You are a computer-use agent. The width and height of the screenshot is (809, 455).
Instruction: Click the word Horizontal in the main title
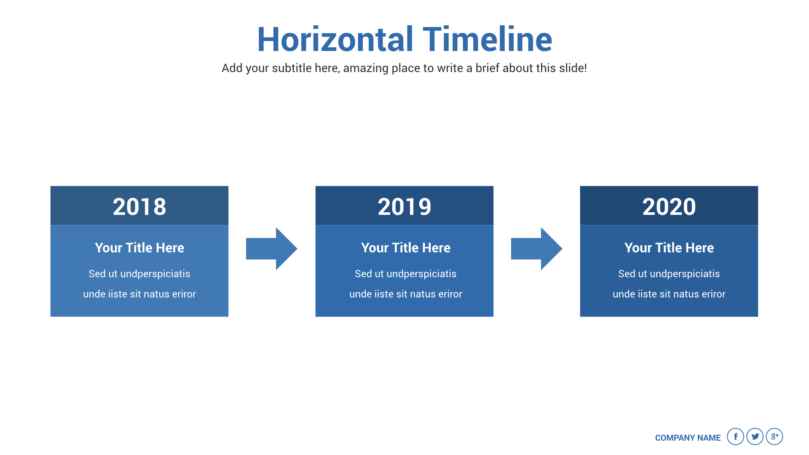pyautogui.click(x=335, y=39)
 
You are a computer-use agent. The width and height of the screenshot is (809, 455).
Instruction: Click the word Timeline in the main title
pyautogui.click(x=488, y=39)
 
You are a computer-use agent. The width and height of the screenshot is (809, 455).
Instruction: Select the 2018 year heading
pyautogui.click(x=139, y=206)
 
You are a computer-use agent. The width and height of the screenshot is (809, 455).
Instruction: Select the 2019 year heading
pyautogui.click(x=404, y=206)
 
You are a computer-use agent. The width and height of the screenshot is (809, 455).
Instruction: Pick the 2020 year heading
pyautogui.click(x=669, y=206)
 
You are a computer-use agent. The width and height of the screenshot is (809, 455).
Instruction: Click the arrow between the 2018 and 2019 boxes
pyautogui.click(x=272, y=249)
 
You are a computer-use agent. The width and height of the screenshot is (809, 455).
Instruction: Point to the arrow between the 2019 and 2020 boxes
pyautogui.click(x=537, y=249)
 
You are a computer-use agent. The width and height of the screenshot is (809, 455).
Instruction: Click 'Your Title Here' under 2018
pyautogui.click(x=139, y=248)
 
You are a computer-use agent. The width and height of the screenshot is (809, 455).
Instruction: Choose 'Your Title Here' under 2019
pyautogui.click(x=406, y=248)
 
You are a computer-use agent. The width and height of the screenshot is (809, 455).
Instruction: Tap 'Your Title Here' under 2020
pyautogui.click(x=669, y=248)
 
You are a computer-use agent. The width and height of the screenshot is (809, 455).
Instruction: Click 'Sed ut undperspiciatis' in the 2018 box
pyautogui.click(x=139, y=274)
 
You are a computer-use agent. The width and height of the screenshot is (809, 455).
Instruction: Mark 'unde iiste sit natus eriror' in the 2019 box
pyautogui.click(x=406, y=294)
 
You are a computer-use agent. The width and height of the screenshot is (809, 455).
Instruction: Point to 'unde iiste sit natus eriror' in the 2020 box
pyautogui.click(x=669, y=294)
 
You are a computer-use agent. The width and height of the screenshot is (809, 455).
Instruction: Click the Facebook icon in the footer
pyautogui.click(x=736, y=436)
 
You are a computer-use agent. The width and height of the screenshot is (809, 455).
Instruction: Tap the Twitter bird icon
pyautogui.click(x=755, y=436)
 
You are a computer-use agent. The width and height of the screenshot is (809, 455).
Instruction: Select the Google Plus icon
pyautogui.click(x=774, y=436)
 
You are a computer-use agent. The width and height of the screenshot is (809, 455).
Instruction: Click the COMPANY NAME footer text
pyautogui.click(x=688, y=438)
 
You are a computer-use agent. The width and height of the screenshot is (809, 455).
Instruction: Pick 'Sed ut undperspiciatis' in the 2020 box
pyautogui.click(x=669, y=274)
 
